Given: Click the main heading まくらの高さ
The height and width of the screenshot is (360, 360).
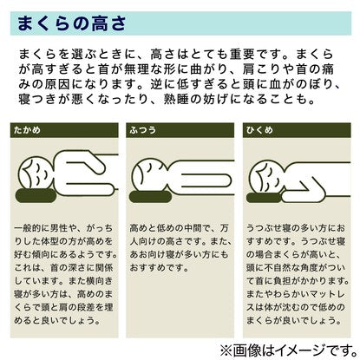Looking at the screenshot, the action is (x=71, y=23).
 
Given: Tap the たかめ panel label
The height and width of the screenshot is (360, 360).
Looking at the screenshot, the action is (x=27, y=130).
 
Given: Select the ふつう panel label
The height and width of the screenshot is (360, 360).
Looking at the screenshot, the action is (x=142, y=130).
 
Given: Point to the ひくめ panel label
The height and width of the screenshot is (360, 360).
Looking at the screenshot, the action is (x=259, y=130).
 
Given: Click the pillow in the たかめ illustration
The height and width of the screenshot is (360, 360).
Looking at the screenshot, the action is (x=36, y=195).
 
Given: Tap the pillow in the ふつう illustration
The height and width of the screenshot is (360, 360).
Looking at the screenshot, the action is (x=150, y=197).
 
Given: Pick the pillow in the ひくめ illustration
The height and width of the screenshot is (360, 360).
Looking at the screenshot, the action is (x=265, y=198).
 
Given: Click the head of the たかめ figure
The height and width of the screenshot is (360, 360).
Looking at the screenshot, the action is (x=36, y=173).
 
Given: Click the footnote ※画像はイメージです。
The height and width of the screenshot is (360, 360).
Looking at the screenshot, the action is (x=288, y=350).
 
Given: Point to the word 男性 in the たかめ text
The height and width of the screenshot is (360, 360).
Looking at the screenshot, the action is (x=59, y=228).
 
